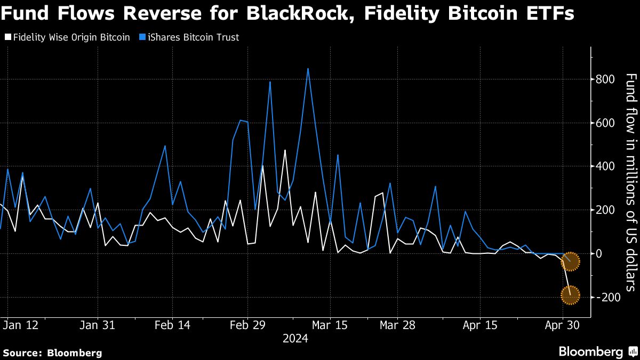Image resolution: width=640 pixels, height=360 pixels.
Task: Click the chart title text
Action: tap(289, 13)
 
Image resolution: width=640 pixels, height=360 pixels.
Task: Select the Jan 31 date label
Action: tap(98, 325)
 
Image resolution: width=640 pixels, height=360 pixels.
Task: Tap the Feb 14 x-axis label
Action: tap(172, 325)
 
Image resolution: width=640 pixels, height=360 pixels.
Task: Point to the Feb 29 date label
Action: tap(247, 325)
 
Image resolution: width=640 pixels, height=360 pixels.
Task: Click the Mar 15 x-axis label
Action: tap(330, 325)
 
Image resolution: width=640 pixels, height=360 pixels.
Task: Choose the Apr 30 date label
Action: tap(563, 325)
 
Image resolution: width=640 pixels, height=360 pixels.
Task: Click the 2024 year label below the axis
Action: tap(295, 339)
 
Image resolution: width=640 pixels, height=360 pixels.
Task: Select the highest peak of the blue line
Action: tap(308, 69)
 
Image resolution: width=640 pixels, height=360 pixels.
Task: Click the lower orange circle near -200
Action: tap(570, 294)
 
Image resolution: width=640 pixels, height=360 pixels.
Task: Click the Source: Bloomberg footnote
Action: tap(52, 353)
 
